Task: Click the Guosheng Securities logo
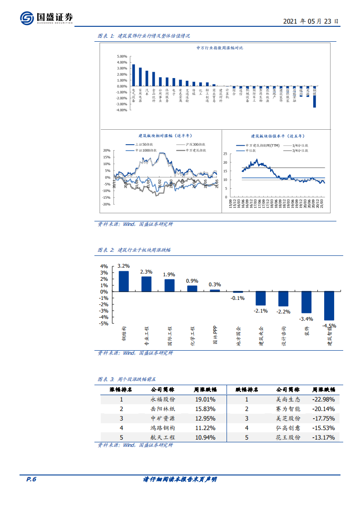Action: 46,18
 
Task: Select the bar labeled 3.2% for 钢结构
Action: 123,281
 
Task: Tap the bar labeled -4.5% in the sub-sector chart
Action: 329,306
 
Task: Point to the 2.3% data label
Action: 146,272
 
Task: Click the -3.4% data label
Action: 306,319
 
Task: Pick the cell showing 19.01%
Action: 205,399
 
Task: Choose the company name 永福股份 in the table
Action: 163,399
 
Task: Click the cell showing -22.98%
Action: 323,399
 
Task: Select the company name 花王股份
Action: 288,437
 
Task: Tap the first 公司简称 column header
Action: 163,389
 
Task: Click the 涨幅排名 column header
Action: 121,389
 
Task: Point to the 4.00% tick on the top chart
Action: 121,63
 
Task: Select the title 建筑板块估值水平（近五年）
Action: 278,136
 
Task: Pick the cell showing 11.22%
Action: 205,428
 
